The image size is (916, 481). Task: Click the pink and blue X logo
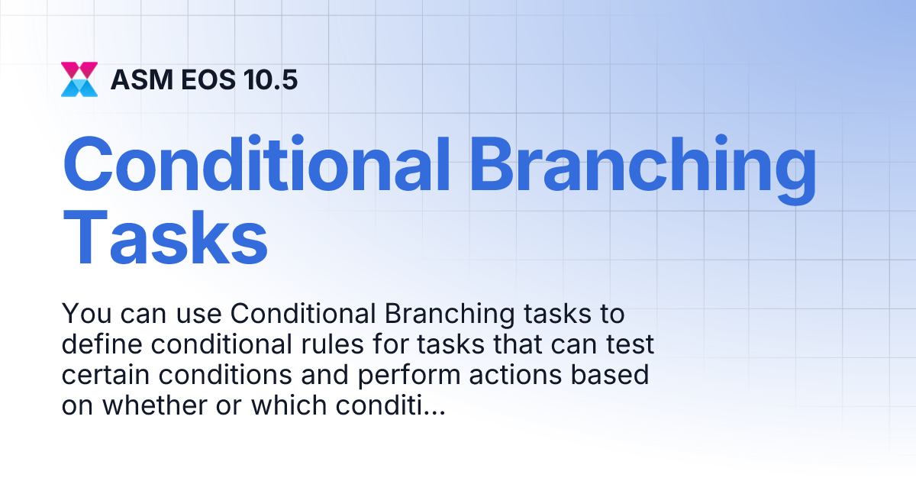coord(79,79)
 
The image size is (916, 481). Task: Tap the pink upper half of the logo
coord(79,69)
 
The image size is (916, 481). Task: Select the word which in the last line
coord(289,406)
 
